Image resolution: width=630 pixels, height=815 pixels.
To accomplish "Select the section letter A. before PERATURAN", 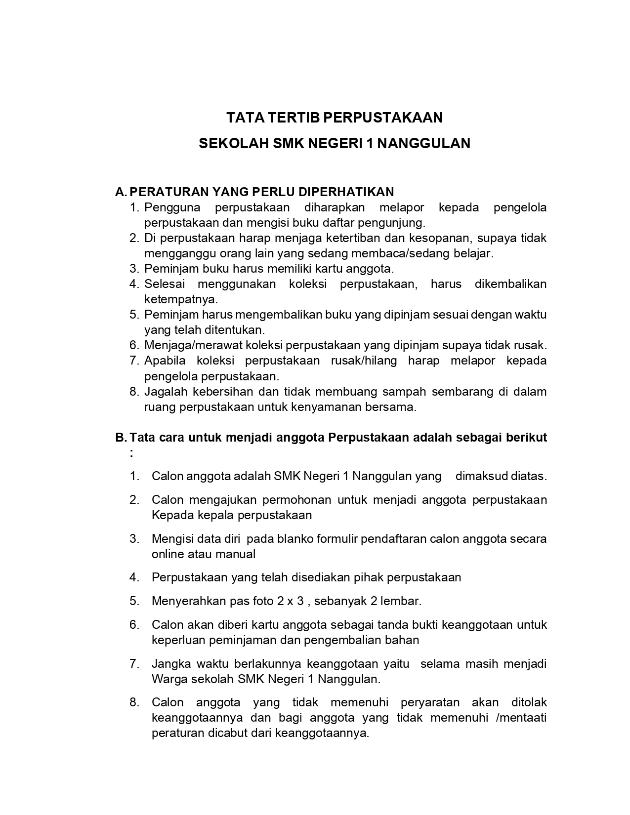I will coord(121,192).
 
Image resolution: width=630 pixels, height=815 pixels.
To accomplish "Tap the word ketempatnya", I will coord(181,299).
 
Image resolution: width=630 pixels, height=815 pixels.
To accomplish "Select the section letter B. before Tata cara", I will coord(121,438).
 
